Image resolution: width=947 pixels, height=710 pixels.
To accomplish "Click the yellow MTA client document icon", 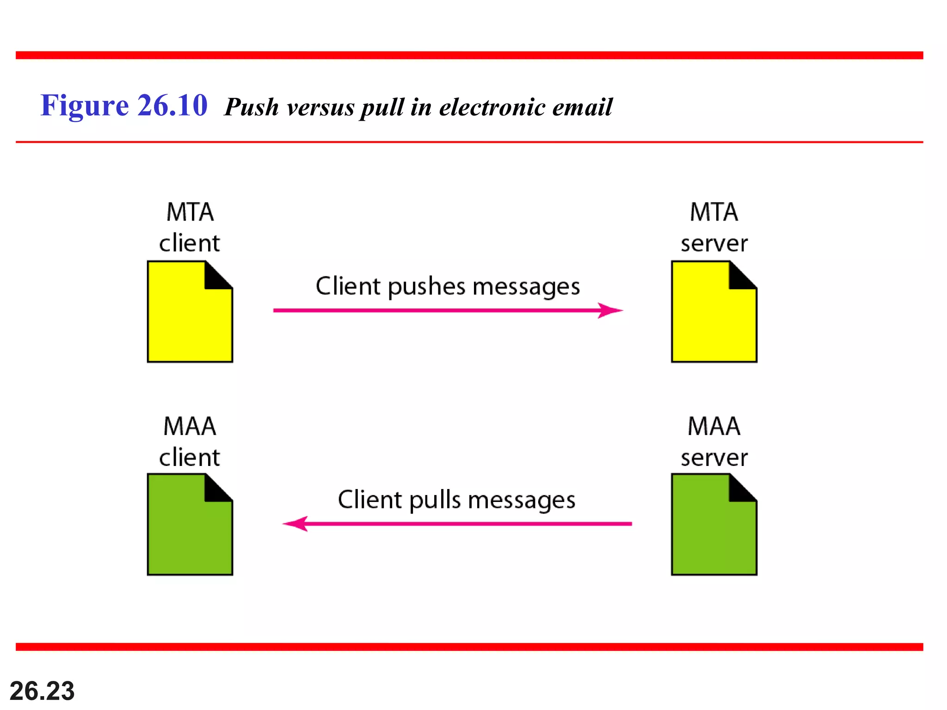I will coord(190,319).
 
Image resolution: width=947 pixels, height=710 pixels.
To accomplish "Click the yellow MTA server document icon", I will coord(713,319).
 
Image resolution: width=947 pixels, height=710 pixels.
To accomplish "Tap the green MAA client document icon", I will coord(190,532).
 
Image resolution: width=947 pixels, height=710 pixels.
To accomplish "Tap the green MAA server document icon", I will coord(713,532).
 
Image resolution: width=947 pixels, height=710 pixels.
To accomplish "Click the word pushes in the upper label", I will coord(426,287).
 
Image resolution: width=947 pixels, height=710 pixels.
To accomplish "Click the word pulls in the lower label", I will coord(435,500).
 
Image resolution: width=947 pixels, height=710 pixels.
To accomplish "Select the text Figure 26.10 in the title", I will coord(124,105).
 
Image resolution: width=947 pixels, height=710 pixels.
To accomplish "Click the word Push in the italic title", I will coord(252,107).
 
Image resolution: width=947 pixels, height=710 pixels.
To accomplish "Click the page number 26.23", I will coord(42,691).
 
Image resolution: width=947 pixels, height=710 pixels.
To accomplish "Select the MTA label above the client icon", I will coord(190,212).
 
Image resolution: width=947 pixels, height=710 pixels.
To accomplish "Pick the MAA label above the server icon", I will coord(713,426).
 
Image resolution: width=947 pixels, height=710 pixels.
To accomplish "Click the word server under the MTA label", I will coord(713,244).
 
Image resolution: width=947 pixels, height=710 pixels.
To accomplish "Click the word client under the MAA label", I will coord(190,458).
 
